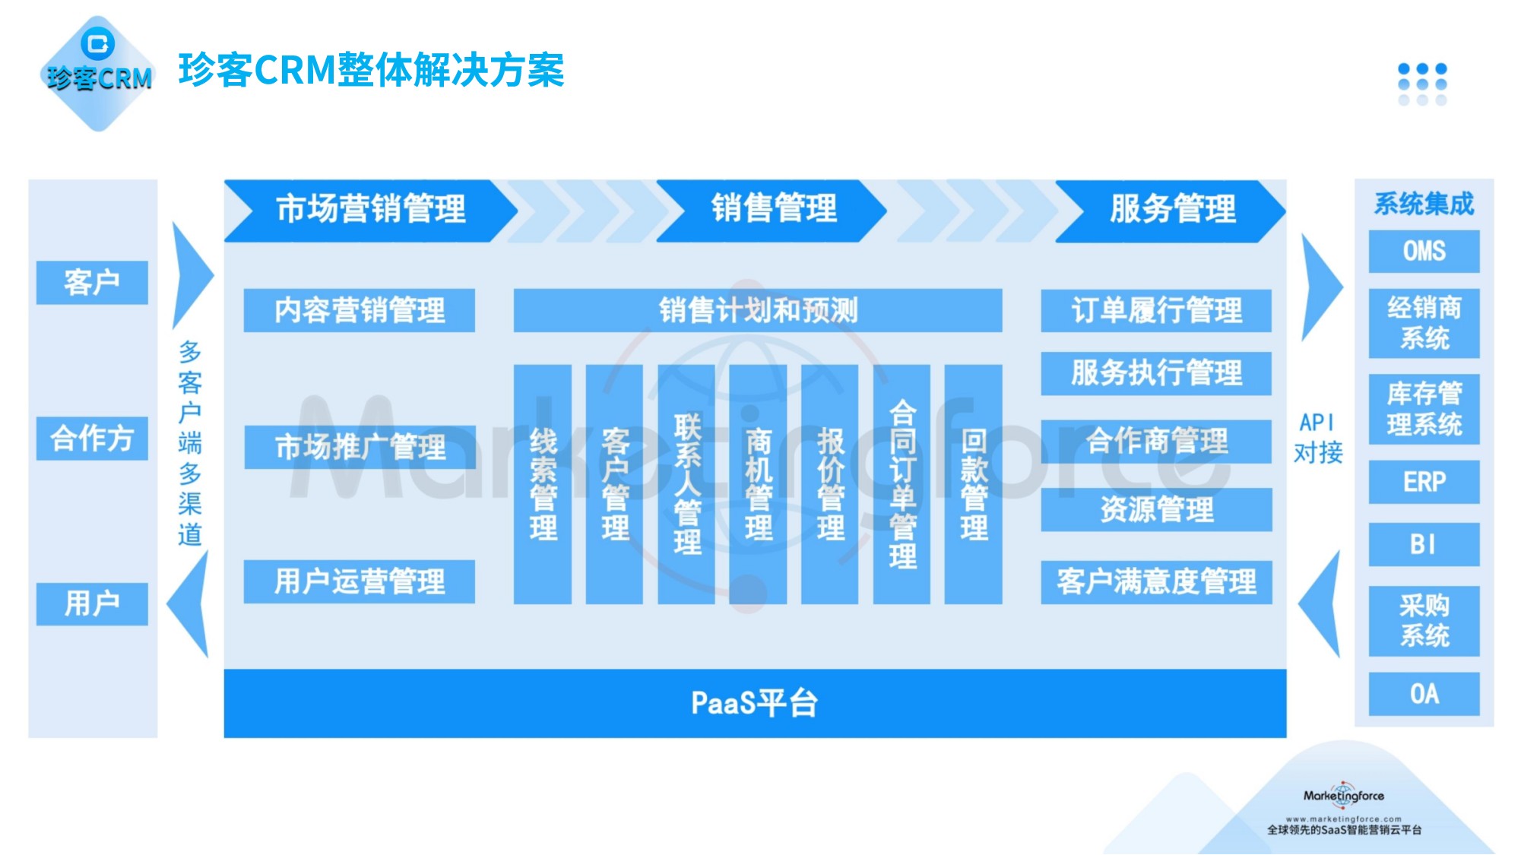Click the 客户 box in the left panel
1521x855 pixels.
click(92, 283)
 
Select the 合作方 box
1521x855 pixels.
click(92, 439)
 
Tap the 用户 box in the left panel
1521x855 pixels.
click(92, 604)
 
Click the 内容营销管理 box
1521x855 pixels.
click(359, 310)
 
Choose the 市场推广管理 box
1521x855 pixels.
click(359, 447)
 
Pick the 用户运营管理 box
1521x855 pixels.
click(359, 582)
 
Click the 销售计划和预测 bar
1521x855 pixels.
click(757, 310)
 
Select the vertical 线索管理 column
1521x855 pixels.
click(543, 484)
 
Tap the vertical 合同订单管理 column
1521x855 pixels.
click(902, 484)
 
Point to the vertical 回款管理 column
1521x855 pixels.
click(973, 484)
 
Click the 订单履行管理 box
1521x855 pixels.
click(1155, 310)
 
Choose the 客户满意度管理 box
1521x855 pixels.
click(1155, 582)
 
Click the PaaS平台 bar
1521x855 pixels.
click(754, 703)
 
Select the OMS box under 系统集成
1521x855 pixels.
click(1424, 251)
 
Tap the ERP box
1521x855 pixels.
click(1424, 482)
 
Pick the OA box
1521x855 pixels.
click(1424, 694)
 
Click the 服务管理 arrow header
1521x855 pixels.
click(1171, 210)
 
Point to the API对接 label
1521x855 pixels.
click(1317, 438)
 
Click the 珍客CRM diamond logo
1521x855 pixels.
click(98, 73)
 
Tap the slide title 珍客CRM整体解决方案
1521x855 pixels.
click(371, 70)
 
